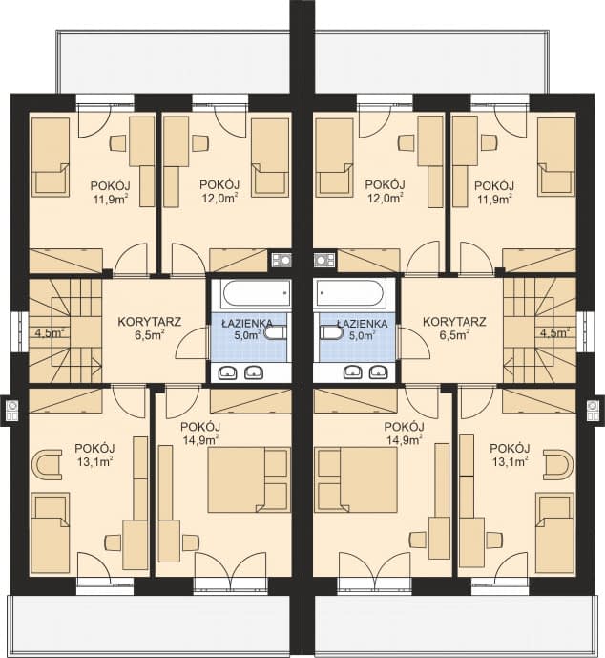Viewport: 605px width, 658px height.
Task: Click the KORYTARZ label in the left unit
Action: pos(149,322)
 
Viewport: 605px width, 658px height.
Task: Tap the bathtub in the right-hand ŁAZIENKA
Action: pos(349,293)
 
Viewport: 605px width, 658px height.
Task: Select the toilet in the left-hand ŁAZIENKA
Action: pos(276,332)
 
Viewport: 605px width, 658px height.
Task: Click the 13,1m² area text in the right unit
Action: pos(510,462)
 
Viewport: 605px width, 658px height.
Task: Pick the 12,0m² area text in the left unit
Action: pos(219,198)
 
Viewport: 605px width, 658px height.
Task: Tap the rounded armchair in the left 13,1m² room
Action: pos(47,464)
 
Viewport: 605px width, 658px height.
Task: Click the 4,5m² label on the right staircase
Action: pos(554,333)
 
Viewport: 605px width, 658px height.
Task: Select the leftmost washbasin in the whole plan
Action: pos(228,371)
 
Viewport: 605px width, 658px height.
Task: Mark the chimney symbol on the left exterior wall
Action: pos(12,411)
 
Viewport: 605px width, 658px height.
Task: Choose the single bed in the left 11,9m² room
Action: pos(51,157)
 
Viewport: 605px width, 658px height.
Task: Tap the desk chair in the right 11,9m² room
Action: pos(488,142)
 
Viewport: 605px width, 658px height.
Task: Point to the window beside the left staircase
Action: pos(14,332)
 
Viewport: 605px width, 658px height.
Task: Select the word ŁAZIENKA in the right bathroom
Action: pos(363,324)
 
